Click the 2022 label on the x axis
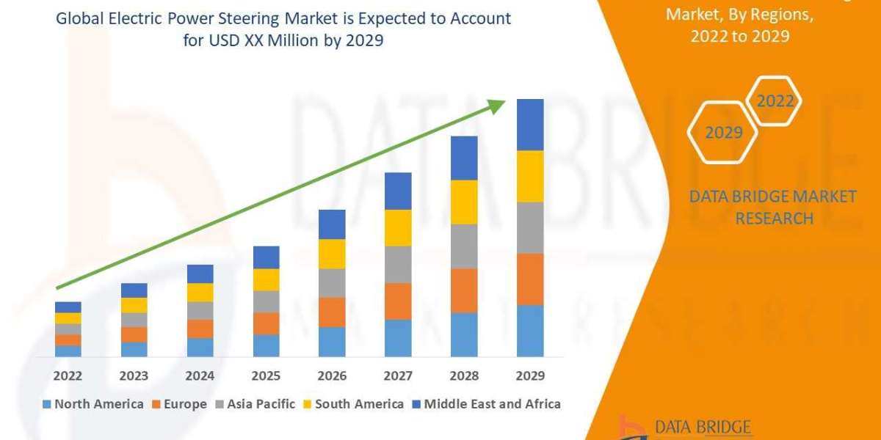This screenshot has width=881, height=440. [x=68, y=375]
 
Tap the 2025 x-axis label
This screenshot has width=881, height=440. [x=266, y=375]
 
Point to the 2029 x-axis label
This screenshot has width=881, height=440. [x=530, y=375]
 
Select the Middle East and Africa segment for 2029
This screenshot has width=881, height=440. [x=530, y=125]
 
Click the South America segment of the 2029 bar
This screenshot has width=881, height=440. [x=530, y=176]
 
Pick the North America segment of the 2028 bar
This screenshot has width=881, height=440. [x=464, y=334]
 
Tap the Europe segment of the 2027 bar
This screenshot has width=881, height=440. [x=398, y=301]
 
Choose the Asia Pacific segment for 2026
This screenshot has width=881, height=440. [x=332, y=283]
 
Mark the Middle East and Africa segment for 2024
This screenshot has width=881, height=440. [x=200, y=274]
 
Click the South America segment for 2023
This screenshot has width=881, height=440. [x=134, y=305]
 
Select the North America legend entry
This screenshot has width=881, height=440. [x=93, y=404]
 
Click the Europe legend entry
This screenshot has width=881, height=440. [x=180, y=404]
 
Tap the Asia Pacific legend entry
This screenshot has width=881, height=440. [x=255, y=404]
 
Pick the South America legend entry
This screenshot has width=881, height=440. [x=353, y=404]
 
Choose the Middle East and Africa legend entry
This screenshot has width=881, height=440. [x=486, y=404]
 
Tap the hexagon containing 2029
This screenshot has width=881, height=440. [x=722, y=133]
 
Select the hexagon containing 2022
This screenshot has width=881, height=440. [x=774, y=101]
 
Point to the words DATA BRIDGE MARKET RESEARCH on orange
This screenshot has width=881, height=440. [x=773, y=207]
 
